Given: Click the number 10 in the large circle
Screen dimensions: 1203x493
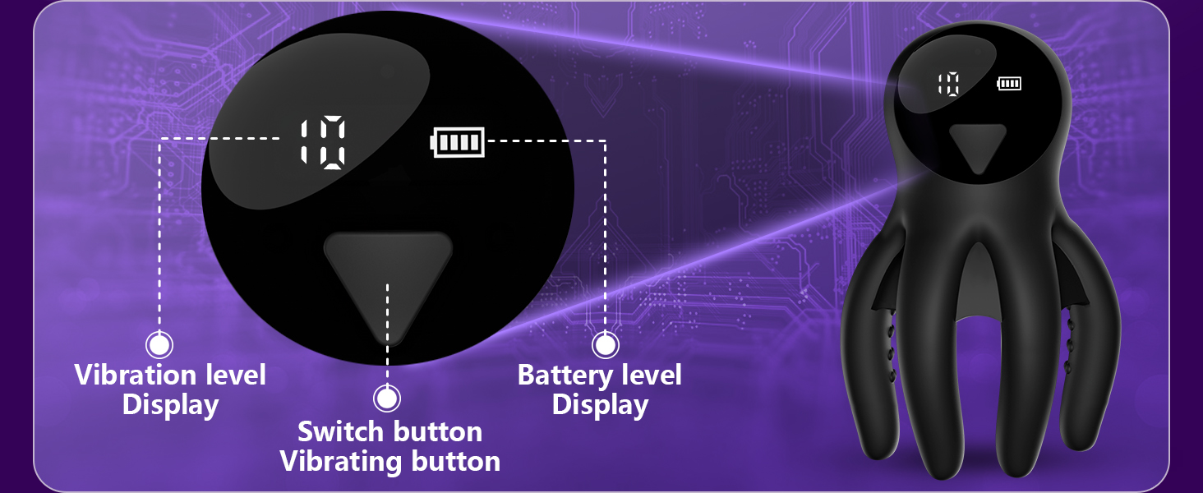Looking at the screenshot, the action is (x=323, y=142).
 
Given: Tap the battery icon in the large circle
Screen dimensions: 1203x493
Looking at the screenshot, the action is (x=458, y=142).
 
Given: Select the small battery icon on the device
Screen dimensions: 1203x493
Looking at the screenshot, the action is (x=1009, y=83).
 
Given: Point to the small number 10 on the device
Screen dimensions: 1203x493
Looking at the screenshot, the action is (x=949, y=84).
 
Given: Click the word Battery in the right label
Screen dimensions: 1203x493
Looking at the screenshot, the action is (x=567, y=375).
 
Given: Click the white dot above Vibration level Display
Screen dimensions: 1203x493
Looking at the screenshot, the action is (x=159, y=344).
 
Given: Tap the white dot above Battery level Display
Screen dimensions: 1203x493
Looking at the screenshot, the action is (x=606, y=344).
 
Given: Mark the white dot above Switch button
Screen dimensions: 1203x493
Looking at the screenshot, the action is (x=387, y=398).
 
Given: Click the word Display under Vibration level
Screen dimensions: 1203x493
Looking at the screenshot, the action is (x=170, y=405).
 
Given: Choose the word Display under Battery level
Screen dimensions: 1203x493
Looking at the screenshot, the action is (x=600, y=405).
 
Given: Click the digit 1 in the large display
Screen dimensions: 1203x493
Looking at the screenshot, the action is (x=305, y=142).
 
